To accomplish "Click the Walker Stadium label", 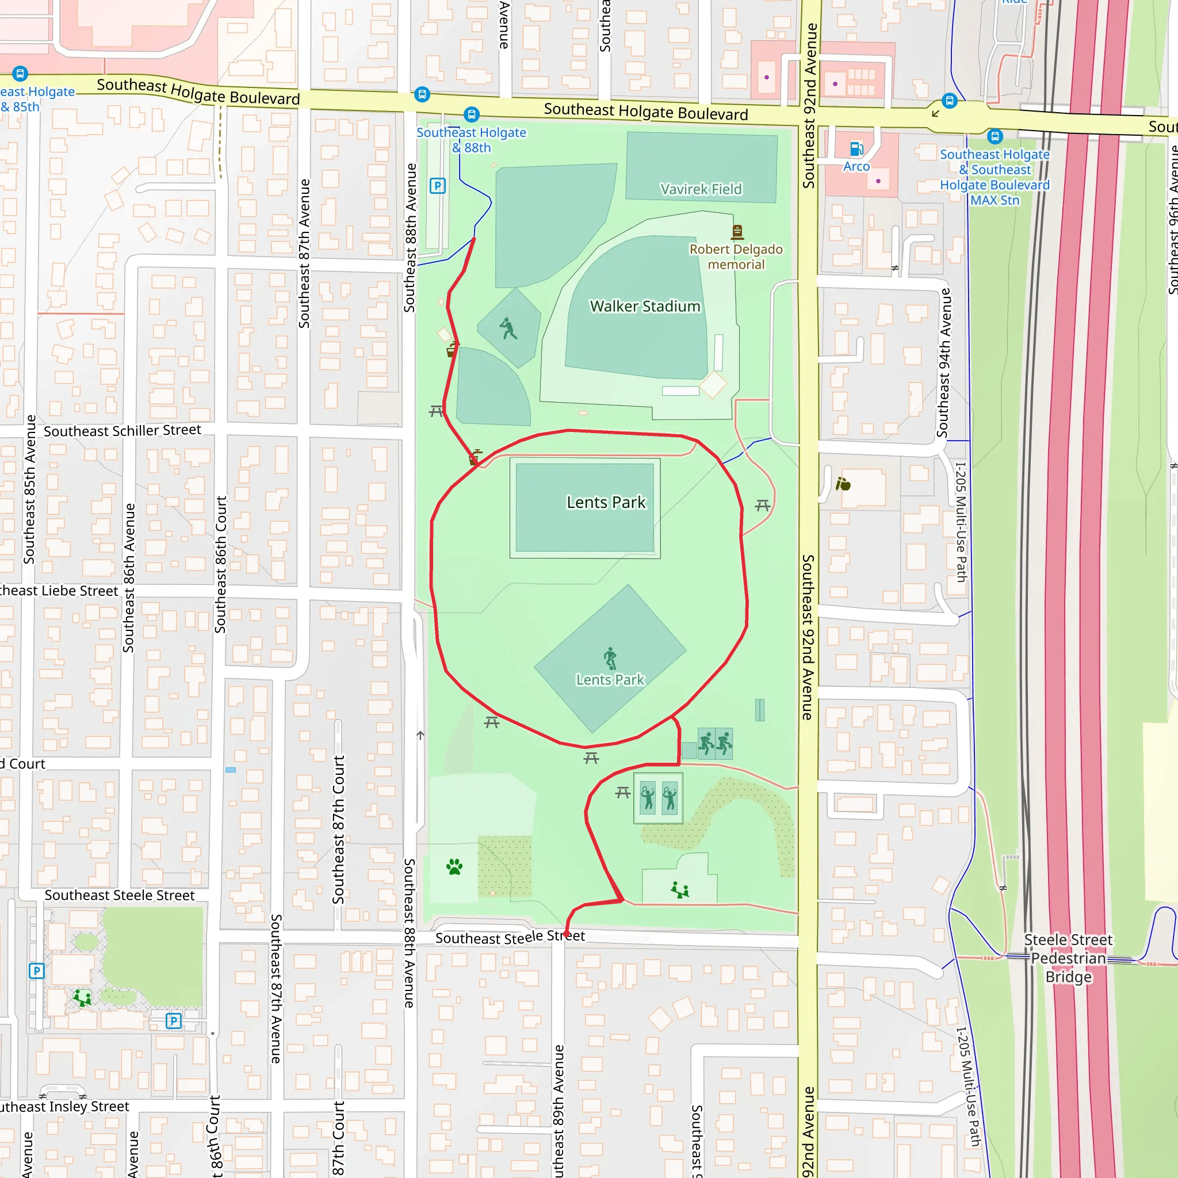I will point(645,306).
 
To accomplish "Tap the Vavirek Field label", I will point(701,189).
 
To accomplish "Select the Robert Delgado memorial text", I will point(736,257).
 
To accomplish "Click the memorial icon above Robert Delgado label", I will point(737,232).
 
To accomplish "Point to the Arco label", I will point(856,166).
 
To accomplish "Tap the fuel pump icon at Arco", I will point(856,149).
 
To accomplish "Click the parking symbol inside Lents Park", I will point(437,185).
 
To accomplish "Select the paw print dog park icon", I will point(454,866).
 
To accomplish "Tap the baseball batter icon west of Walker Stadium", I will point(508,328).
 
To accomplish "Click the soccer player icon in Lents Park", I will point(610,659).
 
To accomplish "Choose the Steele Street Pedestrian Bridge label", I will point(1068,958).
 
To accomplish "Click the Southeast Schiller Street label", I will point(122,430).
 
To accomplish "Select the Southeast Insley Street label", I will point(64,1107).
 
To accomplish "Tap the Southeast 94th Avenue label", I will point(944,363).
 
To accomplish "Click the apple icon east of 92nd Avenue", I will point(843,484).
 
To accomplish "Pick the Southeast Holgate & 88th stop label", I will point(471,140).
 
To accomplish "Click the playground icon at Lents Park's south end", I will point(679,890).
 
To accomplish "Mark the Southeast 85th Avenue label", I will point(29,489).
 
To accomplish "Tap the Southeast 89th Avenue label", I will point(559,1110).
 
